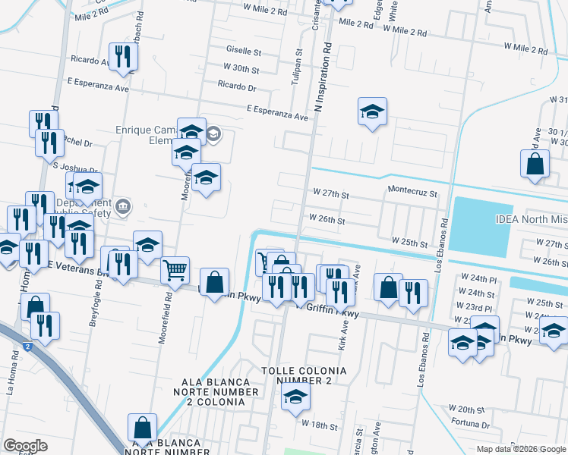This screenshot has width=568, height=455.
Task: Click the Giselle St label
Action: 243,52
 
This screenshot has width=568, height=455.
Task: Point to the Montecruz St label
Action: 412,193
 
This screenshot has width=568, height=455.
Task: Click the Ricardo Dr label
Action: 236,87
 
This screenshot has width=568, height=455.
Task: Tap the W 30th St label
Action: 241,70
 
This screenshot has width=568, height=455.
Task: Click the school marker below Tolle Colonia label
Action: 295,396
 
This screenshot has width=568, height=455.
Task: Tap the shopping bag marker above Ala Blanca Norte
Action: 142,427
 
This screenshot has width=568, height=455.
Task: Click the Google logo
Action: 25,446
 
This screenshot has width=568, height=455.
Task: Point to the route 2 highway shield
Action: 28,347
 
